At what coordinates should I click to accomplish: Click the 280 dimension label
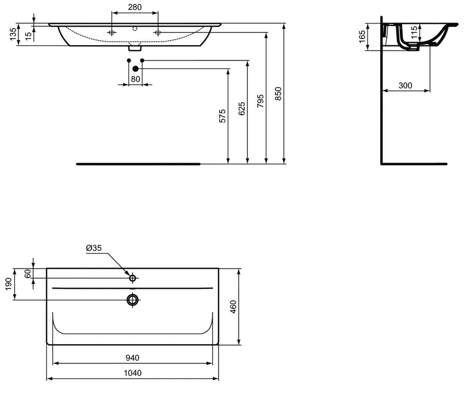(135, 7)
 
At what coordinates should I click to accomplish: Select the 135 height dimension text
(13, 35)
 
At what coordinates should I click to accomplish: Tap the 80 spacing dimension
(135, 79)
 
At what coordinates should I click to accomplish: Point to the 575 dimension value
(222, 116)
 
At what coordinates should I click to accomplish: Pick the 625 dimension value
(242, 108)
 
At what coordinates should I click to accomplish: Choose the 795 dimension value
(260, 101)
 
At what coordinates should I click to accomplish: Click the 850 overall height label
(278, 93)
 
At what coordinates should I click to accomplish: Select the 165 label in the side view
(362, 37)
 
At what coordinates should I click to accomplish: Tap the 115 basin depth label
(414, 32)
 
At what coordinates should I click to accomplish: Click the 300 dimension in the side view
(405, 85)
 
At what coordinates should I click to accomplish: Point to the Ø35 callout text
(94, 248)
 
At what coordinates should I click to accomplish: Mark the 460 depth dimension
(233, 307)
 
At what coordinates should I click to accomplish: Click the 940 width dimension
(132, 358)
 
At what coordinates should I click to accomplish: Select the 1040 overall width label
(132, 373)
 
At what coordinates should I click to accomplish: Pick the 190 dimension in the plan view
(8, 284)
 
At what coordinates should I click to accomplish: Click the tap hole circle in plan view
(132, 278)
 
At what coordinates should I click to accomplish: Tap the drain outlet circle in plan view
(132, 300)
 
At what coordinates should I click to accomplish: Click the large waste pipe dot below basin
(135, 69)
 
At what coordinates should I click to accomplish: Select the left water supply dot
(129, 60)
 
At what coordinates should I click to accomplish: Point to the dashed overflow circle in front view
(135, 29)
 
